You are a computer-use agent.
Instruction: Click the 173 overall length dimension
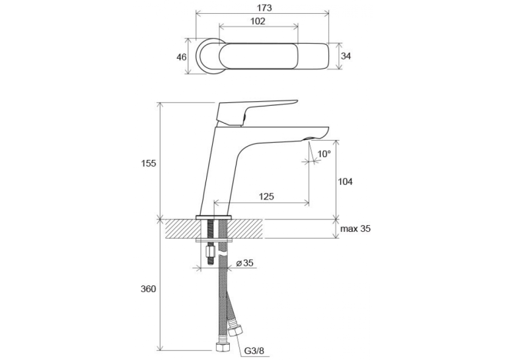265,8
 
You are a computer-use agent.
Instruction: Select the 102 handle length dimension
258,21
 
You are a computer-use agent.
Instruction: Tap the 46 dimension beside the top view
182,57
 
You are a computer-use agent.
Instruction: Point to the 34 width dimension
346,56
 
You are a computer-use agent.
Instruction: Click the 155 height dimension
149,163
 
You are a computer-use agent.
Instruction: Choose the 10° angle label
324,153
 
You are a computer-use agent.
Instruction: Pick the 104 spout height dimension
345,182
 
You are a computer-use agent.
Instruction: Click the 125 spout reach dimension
266,196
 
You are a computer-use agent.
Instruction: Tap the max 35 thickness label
355,229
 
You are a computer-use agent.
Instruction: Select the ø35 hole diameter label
245,263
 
